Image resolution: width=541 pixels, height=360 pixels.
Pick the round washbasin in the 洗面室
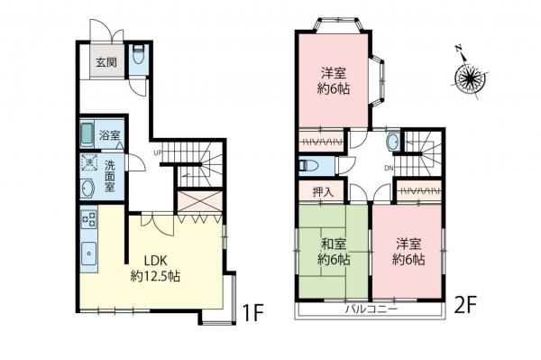point(87,189)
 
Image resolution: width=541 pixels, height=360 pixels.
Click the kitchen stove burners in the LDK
point(87,219)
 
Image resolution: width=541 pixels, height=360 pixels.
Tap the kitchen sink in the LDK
point(87,254)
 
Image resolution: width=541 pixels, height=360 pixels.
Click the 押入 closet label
point(322,191)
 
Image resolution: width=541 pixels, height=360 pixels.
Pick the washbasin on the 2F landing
point(394,143)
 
